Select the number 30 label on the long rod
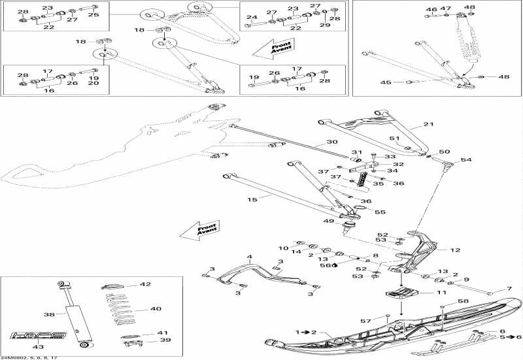click(x=332, y=142)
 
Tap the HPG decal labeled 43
click(x=39, y=336)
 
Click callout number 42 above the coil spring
click(x=145, y=285)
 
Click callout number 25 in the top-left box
click(x=93, y=14)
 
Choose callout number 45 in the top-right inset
click(x=386, y=82)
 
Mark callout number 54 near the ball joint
click(x=466, y=159)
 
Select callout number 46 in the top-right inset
click(x=431, y=10)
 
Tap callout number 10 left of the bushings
click(x=283, y=248)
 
